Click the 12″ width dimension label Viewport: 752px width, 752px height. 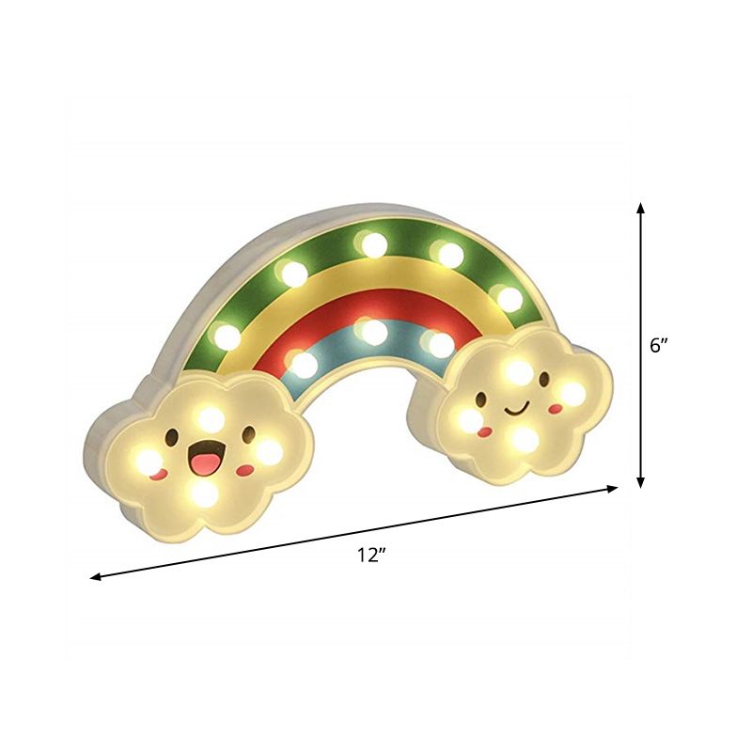(x=372, y=556)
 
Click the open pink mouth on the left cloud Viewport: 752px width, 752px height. (x=201, y=461)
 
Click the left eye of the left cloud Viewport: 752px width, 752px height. (x=174, y=438)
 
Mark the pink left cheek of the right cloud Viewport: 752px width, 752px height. (x=485, y=431)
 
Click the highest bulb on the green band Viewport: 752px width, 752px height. (x=373, y=244)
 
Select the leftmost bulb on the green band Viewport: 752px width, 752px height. (x=227, y=335)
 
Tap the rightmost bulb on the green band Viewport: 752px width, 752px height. (x=509, y=299)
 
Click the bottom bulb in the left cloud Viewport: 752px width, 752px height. (x=202, y=492)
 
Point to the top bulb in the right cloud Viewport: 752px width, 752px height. (x=518, y=371)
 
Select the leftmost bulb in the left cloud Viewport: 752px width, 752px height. (x=148, y=461)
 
